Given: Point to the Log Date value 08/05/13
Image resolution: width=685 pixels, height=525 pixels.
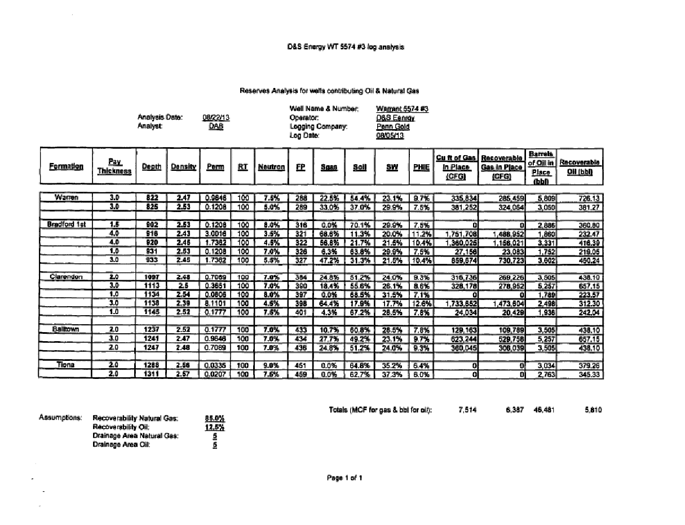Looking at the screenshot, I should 390,136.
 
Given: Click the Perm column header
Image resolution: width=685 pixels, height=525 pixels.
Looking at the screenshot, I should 215,166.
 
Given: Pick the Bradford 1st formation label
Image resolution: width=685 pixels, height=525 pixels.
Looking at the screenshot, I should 67,224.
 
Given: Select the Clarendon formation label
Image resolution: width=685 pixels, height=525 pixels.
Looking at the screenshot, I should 67,277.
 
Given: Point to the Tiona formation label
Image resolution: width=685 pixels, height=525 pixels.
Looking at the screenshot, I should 67,364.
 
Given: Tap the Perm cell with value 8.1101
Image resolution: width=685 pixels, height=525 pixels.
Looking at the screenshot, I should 215,304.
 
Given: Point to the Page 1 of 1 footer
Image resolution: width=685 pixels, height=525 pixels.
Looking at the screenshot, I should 344,477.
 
